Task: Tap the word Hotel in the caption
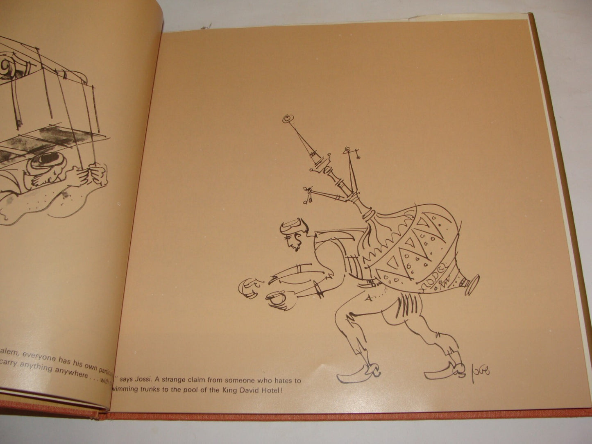pyautogui.click(x=270, y=390)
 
